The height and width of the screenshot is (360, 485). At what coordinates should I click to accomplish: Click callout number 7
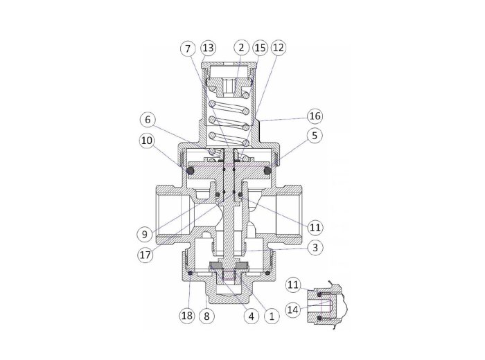[188, 48]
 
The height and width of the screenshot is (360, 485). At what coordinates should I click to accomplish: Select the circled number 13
[208, 48]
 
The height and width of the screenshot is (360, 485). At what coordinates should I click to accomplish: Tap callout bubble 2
[241, 48]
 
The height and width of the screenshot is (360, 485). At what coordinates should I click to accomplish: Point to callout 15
[260, 48]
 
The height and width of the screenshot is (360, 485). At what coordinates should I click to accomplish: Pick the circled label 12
[279, 48]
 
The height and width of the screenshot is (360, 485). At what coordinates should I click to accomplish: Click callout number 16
[315, 116]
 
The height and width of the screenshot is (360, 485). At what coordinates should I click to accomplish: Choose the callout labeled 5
[315, 136]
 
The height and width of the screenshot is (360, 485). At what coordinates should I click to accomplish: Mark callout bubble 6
[148, 120]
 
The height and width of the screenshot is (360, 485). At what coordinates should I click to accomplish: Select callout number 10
[147, 141]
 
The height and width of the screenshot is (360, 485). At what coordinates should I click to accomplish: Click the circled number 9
[145, 235]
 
